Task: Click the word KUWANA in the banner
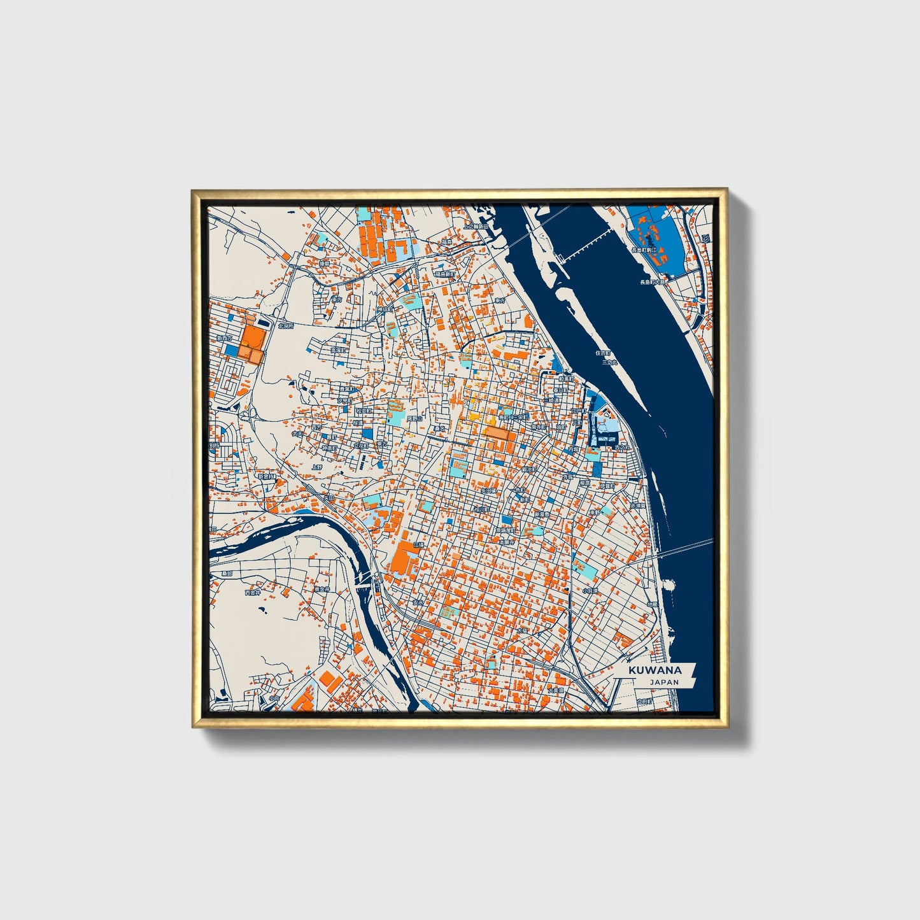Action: pyautogui.click(x=655, y=670)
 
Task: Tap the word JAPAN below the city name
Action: pyautogui.click(x=664, y=682)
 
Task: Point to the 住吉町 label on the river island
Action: pyautogui.click(x=602, y=353)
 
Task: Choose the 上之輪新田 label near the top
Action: pyautogui.click(x=476, y=226)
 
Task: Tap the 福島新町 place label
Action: pyautogui.click(x=445, y=274)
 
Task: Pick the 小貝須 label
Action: pyautogui.click(x=589, y=591)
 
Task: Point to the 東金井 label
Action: pyautogui.click(x=321, y=590)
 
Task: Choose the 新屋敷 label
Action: pyautogui.click(x=542, y=514)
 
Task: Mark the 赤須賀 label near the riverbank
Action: pyautogui.click(x=637, y=505)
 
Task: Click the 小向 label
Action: pyautogui.click(x=274, y=698)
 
